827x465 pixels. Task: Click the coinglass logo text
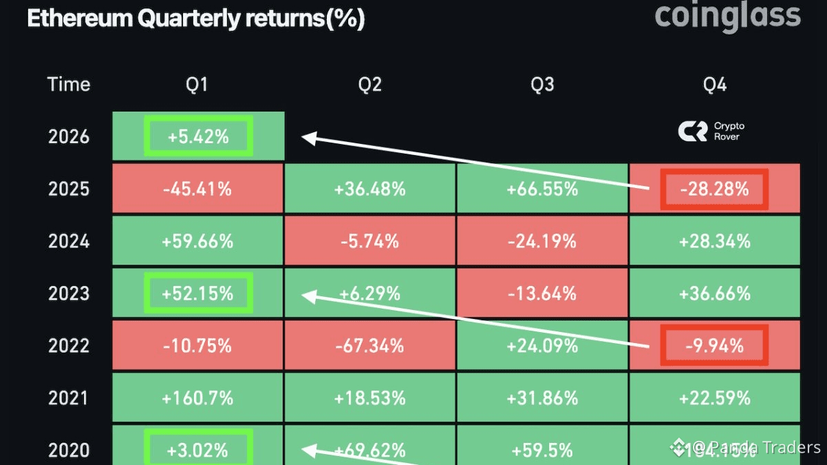[x=728, y=16]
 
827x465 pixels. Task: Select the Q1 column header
[x=197, y=85]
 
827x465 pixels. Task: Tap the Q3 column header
[x=542, y=85]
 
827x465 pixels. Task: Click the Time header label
[x=69, y=85]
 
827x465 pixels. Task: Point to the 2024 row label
[x=69, y=241]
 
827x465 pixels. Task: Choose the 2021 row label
[x=69, y=398]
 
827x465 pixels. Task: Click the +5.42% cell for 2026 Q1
[x=198, y=136]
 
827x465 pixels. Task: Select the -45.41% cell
[x=197, y=189]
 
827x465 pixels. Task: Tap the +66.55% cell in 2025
[x=542, y=189]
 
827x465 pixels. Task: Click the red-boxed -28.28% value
[x=714, y=189]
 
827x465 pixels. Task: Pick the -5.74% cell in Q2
[x=370, y=241]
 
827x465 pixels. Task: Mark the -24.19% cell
[x=542, y=241]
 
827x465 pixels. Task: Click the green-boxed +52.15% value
[x=197, y=293]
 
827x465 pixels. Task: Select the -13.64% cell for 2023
[x=542, y=293]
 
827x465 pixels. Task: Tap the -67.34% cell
[x=370, y=346]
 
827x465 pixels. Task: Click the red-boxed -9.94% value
[x=714, y=346]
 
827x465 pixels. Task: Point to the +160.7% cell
[x=197, y=398]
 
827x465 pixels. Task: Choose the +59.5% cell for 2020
[x=542, y=450]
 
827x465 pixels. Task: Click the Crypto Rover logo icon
[x=692, y=132]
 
